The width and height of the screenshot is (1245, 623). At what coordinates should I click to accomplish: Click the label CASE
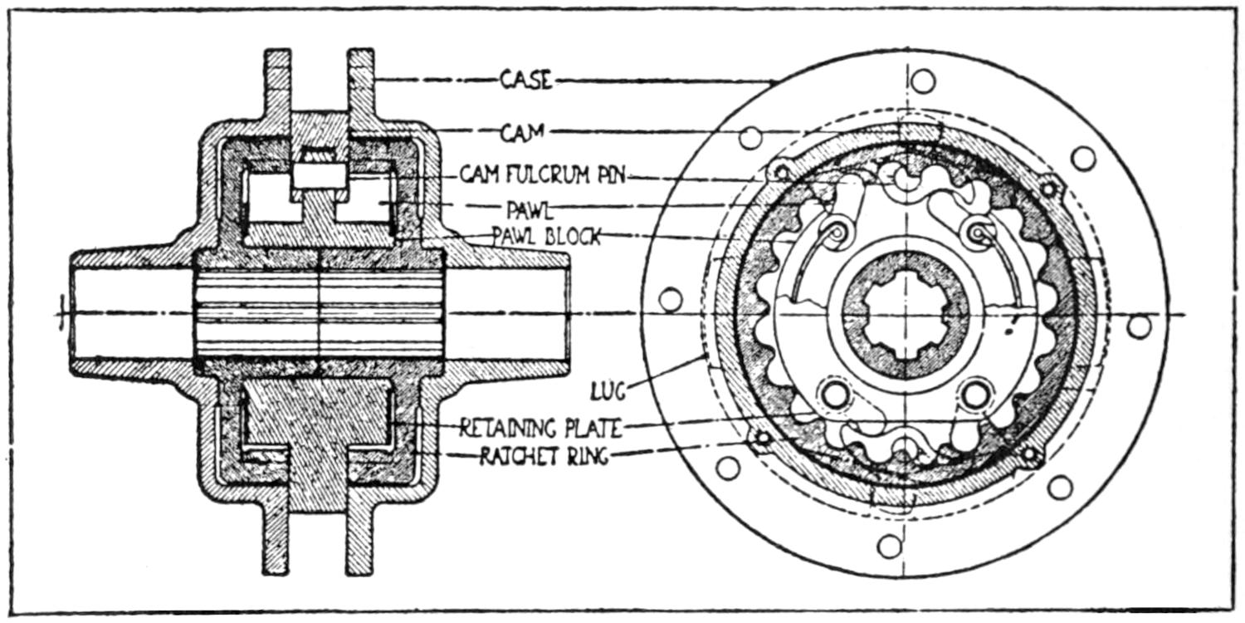(525, 80)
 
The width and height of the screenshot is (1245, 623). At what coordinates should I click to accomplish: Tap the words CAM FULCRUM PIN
(547, 176)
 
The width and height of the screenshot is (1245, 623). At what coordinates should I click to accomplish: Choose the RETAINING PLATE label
(539, 428)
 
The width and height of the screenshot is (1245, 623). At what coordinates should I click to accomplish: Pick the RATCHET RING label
(544, 456)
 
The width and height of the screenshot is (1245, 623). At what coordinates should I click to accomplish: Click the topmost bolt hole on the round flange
(922, 81)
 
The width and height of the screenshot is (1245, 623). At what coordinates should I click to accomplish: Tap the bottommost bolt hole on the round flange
(889, 546)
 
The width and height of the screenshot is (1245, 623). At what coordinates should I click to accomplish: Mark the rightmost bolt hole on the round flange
(1140, 326)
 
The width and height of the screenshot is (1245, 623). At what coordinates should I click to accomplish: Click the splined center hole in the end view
(906, 316)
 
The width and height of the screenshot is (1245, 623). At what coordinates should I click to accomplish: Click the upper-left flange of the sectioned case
(278, 83)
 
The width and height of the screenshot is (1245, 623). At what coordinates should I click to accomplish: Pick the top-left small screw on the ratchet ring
(781, 173)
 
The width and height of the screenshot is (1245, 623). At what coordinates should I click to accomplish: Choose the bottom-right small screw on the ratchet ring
(1030, 454)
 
